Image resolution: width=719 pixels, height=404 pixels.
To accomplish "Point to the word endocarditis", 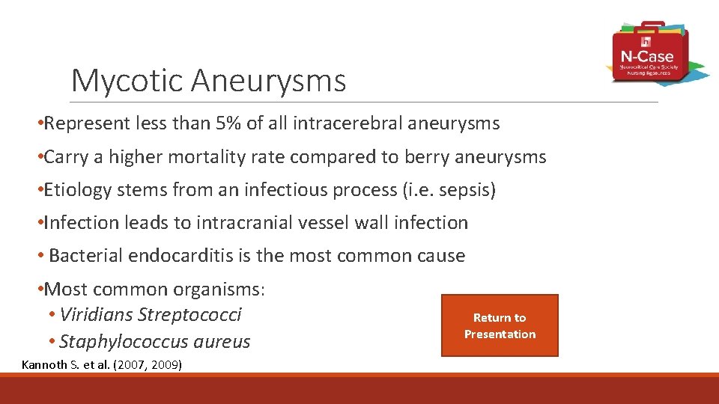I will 180,256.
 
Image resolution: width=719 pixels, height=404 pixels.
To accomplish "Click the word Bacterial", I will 86,256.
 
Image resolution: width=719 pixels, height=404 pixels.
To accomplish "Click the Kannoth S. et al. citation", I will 102,365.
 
